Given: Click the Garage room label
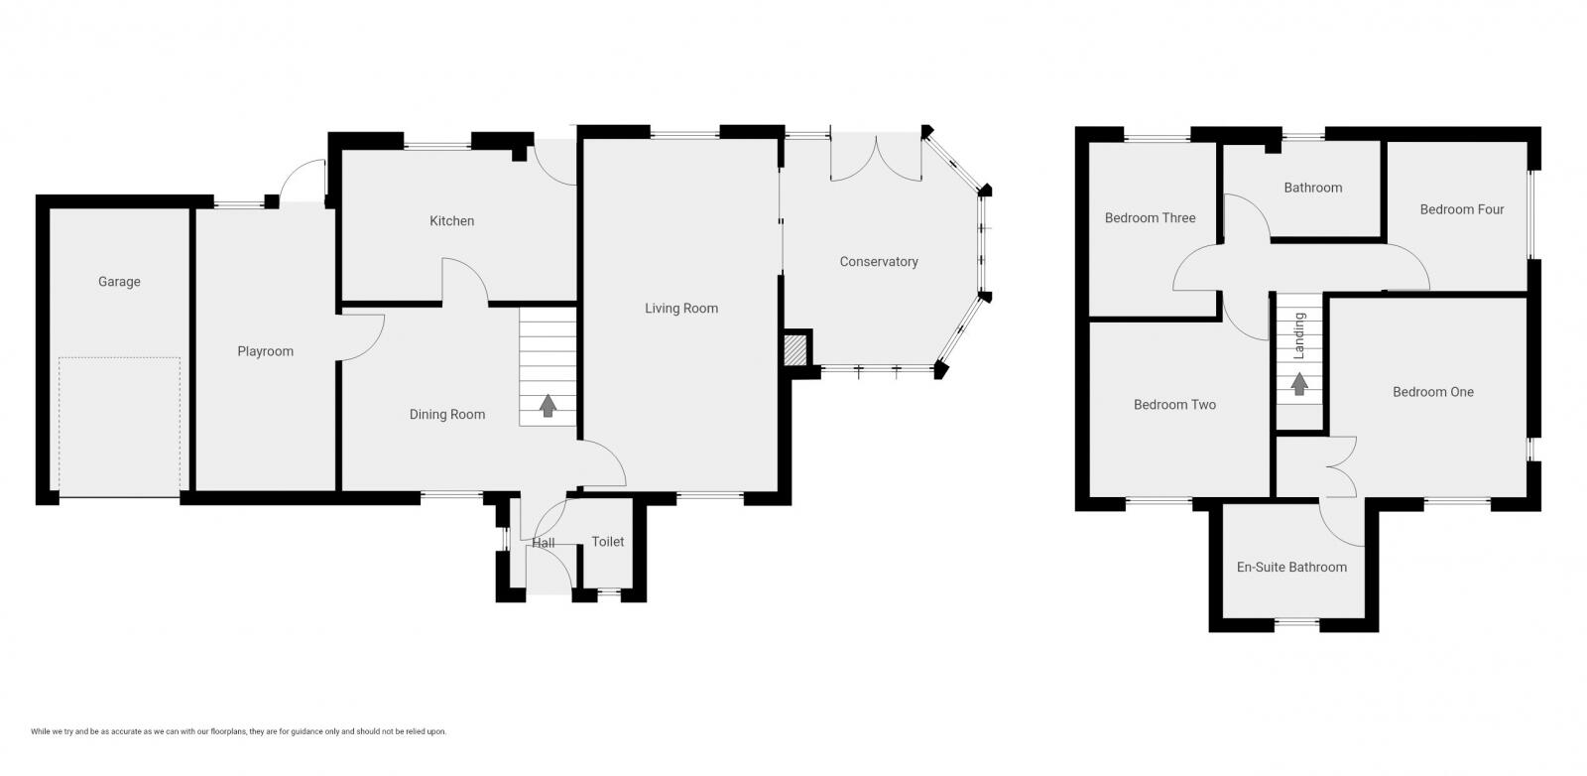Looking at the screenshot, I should click(119, 282).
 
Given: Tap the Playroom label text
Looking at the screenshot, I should click(265, 351).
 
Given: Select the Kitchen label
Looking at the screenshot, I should click(451, 221).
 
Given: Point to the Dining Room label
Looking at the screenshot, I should click(447, 415).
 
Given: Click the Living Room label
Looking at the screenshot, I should click(681, 309).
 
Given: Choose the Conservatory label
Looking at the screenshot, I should click(879, 262).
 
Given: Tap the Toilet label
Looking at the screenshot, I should click(608, 542).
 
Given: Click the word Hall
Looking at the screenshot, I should click(544, 543).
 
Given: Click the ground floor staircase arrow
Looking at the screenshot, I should click(548, 405).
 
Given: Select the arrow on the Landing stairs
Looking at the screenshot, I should click(1298, 384).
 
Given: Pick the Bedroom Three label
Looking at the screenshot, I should click(1150, 218).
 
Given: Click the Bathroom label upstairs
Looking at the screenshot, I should click(1312, 188).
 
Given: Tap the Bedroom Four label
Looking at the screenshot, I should click(1461, 209).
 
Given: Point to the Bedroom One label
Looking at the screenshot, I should click(1432, 392).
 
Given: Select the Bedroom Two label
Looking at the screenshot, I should click(1174, 405).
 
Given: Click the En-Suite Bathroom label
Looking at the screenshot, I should click(1291, 568).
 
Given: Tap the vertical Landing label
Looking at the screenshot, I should click(1299, 335).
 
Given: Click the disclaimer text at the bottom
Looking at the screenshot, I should click(238, 731).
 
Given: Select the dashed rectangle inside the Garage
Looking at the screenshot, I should click(119, 427).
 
